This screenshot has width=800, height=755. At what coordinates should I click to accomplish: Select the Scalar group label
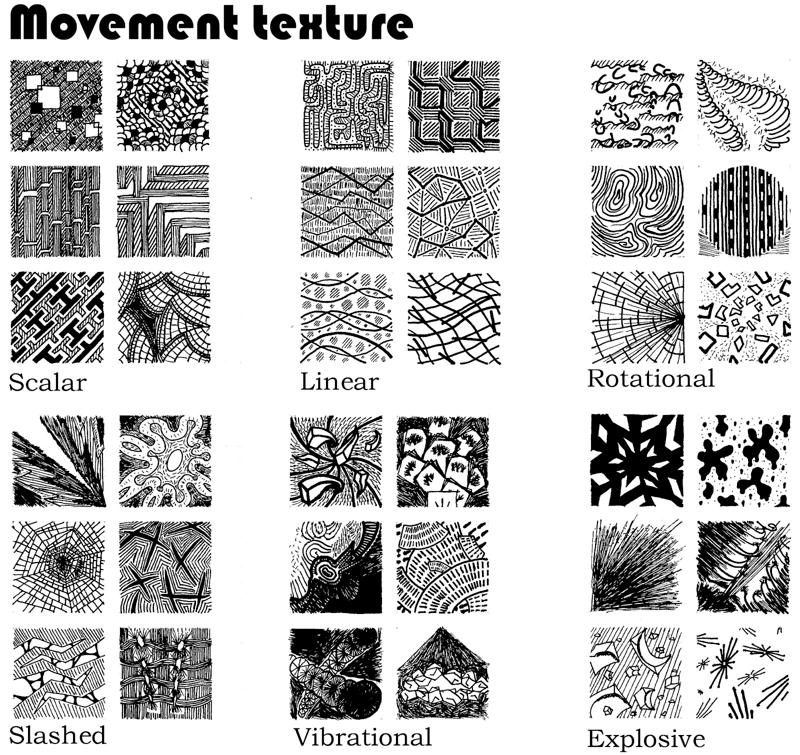[x=48, y=382]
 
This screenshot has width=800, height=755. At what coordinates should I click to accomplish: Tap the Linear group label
[x=339, y=381]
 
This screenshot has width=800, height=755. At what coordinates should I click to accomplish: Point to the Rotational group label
[x=651, y=378]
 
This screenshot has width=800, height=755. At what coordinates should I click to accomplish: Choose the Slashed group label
[x=58, y=735]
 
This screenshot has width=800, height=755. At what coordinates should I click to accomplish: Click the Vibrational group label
[x=363, y=737]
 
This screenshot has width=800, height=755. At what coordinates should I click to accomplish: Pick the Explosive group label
[x=646, y=738]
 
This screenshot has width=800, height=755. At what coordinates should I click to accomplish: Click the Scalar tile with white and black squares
[x=56, y=105]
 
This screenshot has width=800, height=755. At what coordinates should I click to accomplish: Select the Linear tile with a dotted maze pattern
[x=347, y=105]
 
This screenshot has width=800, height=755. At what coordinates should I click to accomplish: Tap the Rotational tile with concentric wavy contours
[x=637, y=211]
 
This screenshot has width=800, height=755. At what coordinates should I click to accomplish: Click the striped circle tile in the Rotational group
[x=744, y=211]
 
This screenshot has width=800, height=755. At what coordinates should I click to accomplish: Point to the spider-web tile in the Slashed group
[x=58, y=567]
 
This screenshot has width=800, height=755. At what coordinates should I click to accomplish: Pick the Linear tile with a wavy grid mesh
[x=454, y=317]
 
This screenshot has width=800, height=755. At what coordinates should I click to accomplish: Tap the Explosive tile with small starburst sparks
[x=743, y=673]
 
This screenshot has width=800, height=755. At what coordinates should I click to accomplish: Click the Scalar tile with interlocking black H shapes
[x=57, y=317]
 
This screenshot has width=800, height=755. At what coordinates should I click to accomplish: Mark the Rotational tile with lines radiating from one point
[x=637, y=317]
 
